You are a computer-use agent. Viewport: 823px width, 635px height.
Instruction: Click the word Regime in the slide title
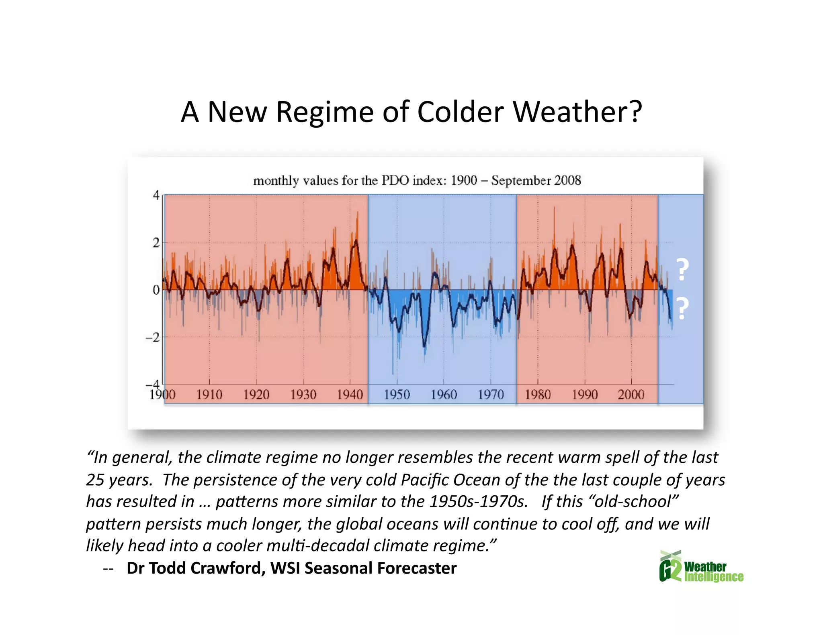click(325, 112)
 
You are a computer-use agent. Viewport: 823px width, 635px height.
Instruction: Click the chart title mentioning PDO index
click(417, 181)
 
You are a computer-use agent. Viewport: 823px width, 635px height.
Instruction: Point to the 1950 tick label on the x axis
click(397, 395)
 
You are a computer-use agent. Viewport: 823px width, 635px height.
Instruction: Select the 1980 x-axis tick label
click(537, 395)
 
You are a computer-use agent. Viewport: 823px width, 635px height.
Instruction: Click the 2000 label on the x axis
click(631, 395)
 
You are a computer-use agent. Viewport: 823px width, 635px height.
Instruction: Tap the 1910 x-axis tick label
click(209, 395)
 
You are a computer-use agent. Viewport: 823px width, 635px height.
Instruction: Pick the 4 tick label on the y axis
click(156, 195)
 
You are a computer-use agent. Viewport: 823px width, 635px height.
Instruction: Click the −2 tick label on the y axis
click(152, 338)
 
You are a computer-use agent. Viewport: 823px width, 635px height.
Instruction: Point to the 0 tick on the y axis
click(156, 290)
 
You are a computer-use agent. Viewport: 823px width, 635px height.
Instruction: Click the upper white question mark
click(682, 270)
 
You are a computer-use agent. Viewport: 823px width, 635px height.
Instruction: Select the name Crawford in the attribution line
click(227, 568)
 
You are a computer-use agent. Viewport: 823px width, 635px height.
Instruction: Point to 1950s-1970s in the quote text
click(478, 502)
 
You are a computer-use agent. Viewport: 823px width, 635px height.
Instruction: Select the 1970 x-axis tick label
click(490, 395)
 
